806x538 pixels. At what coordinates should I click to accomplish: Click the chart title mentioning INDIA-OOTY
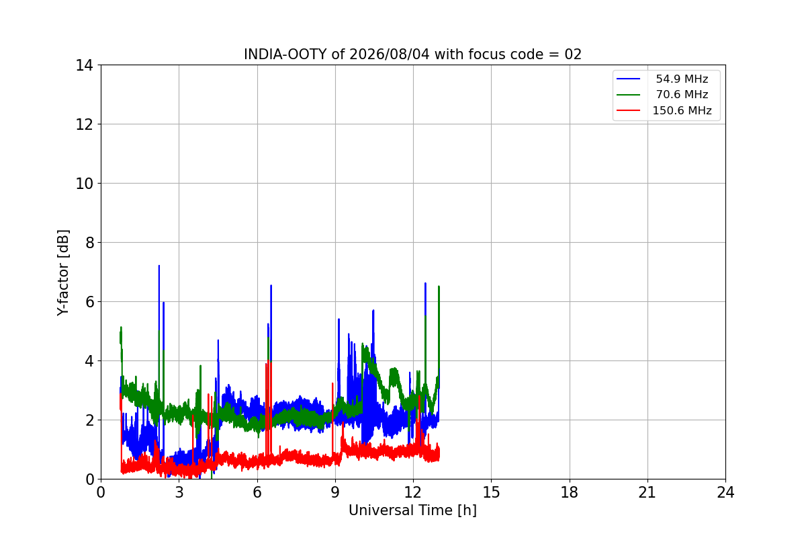pos(412,54)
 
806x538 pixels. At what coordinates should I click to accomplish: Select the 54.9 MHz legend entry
pos(682,79)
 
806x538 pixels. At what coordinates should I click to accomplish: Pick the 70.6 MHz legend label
pos(682,94)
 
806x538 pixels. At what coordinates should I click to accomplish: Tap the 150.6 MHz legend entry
pos(682,110)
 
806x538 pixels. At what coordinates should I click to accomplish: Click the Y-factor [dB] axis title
pos(63,272)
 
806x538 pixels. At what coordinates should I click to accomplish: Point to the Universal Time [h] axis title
pos(412,510)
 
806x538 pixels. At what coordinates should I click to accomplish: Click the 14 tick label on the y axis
pos(84,66)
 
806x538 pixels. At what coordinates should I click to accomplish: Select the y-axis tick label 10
pos(84,184)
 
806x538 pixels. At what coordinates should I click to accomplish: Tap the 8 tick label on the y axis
pos(89,243)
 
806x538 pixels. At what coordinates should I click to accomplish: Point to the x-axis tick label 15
pos(491,492)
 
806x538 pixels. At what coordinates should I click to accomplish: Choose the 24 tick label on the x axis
pos(725,492)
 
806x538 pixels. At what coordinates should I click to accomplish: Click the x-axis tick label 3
pos(179,492)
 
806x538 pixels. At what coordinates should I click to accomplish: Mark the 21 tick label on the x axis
pos(647,492)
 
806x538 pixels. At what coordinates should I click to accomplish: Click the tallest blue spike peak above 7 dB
pos(159,266)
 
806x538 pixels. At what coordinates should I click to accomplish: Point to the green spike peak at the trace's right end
pos(439,286)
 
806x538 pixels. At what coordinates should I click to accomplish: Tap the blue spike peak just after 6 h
pos(271,285)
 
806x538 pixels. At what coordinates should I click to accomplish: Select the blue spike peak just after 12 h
pos(425,283)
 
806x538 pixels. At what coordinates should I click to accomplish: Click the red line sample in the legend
pos(628,110)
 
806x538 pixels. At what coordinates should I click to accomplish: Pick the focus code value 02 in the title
pos(573,54)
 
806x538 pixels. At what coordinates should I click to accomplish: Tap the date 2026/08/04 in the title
pos(390,54)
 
